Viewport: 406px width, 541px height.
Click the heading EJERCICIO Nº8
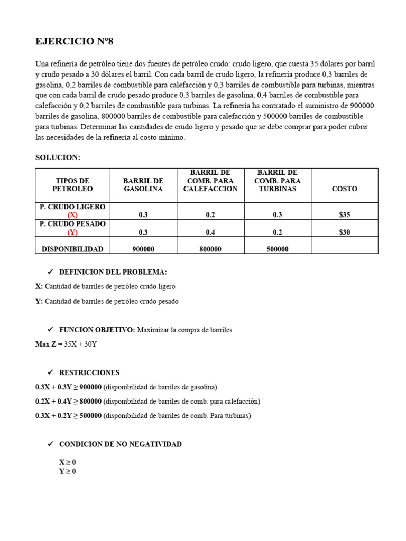[x=74, y=41]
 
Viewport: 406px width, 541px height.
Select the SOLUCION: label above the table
[x=58, y=157]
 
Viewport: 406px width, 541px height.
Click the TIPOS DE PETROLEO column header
[x=72, y=184]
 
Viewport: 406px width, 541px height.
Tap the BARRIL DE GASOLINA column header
[x=143, y=184]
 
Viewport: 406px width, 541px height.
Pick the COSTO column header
[x=344, y=189]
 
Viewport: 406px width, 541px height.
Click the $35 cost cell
[x=344, y=215]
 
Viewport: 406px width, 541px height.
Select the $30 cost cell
[x=344, y=232]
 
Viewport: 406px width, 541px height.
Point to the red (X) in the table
[x=72, y=215]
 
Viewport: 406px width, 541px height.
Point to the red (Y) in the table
[x=72, y=232]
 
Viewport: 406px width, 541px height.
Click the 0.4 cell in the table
[x=210, y=232]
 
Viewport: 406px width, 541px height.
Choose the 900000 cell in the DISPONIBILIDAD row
[x=143, y=249]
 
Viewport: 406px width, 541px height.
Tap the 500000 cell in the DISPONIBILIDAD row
[x=278, y=249]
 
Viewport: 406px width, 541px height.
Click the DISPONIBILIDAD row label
[x=72, y=249]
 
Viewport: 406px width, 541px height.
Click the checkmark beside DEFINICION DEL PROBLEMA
[x=51, y=272]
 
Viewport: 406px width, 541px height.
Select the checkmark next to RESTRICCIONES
[x=51, y=372]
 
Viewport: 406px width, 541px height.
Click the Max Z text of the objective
[x=45, y=344]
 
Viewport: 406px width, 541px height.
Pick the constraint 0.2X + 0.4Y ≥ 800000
[x=69, y=401]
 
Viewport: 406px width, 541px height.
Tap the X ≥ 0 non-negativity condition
[x=68, y=462]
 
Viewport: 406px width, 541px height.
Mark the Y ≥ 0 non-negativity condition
[x=68, y=471]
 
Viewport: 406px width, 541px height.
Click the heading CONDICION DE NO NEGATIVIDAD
[x=120, y=444]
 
